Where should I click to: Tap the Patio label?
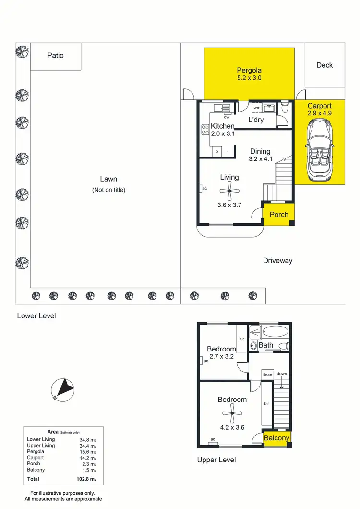pyautogui.click(x=55, y=55)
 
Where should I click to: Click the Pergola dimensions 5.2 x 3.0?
pyautogui.click(x=249, y=78)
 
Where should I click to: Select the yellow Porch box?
pyautogui.click(x=278, y=214)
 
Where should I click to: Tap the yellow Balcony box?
pyautogui.click(x=277, y=438)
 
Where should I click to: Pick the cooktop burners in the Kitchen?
pyautogui.click(x=204, y=129)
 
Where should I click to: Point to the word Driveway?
pyautogui.click(x=277, y=261)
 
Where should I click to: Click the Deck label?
pyautogui.click(x=324, y=65)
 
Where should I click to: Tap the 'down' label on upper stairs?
pyautogui.click(x=282, y=373)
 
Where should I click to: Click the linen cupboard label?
pyautogui.click(x=267, y=375)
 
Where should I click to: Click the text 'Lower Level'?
pyautogui.click(x=36, y=316)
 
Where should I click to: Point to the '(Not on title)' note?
pyautogui.click(x=108, y=190)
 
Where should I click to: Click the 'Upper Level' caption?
pyautogui.click(x=216, y=460)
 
